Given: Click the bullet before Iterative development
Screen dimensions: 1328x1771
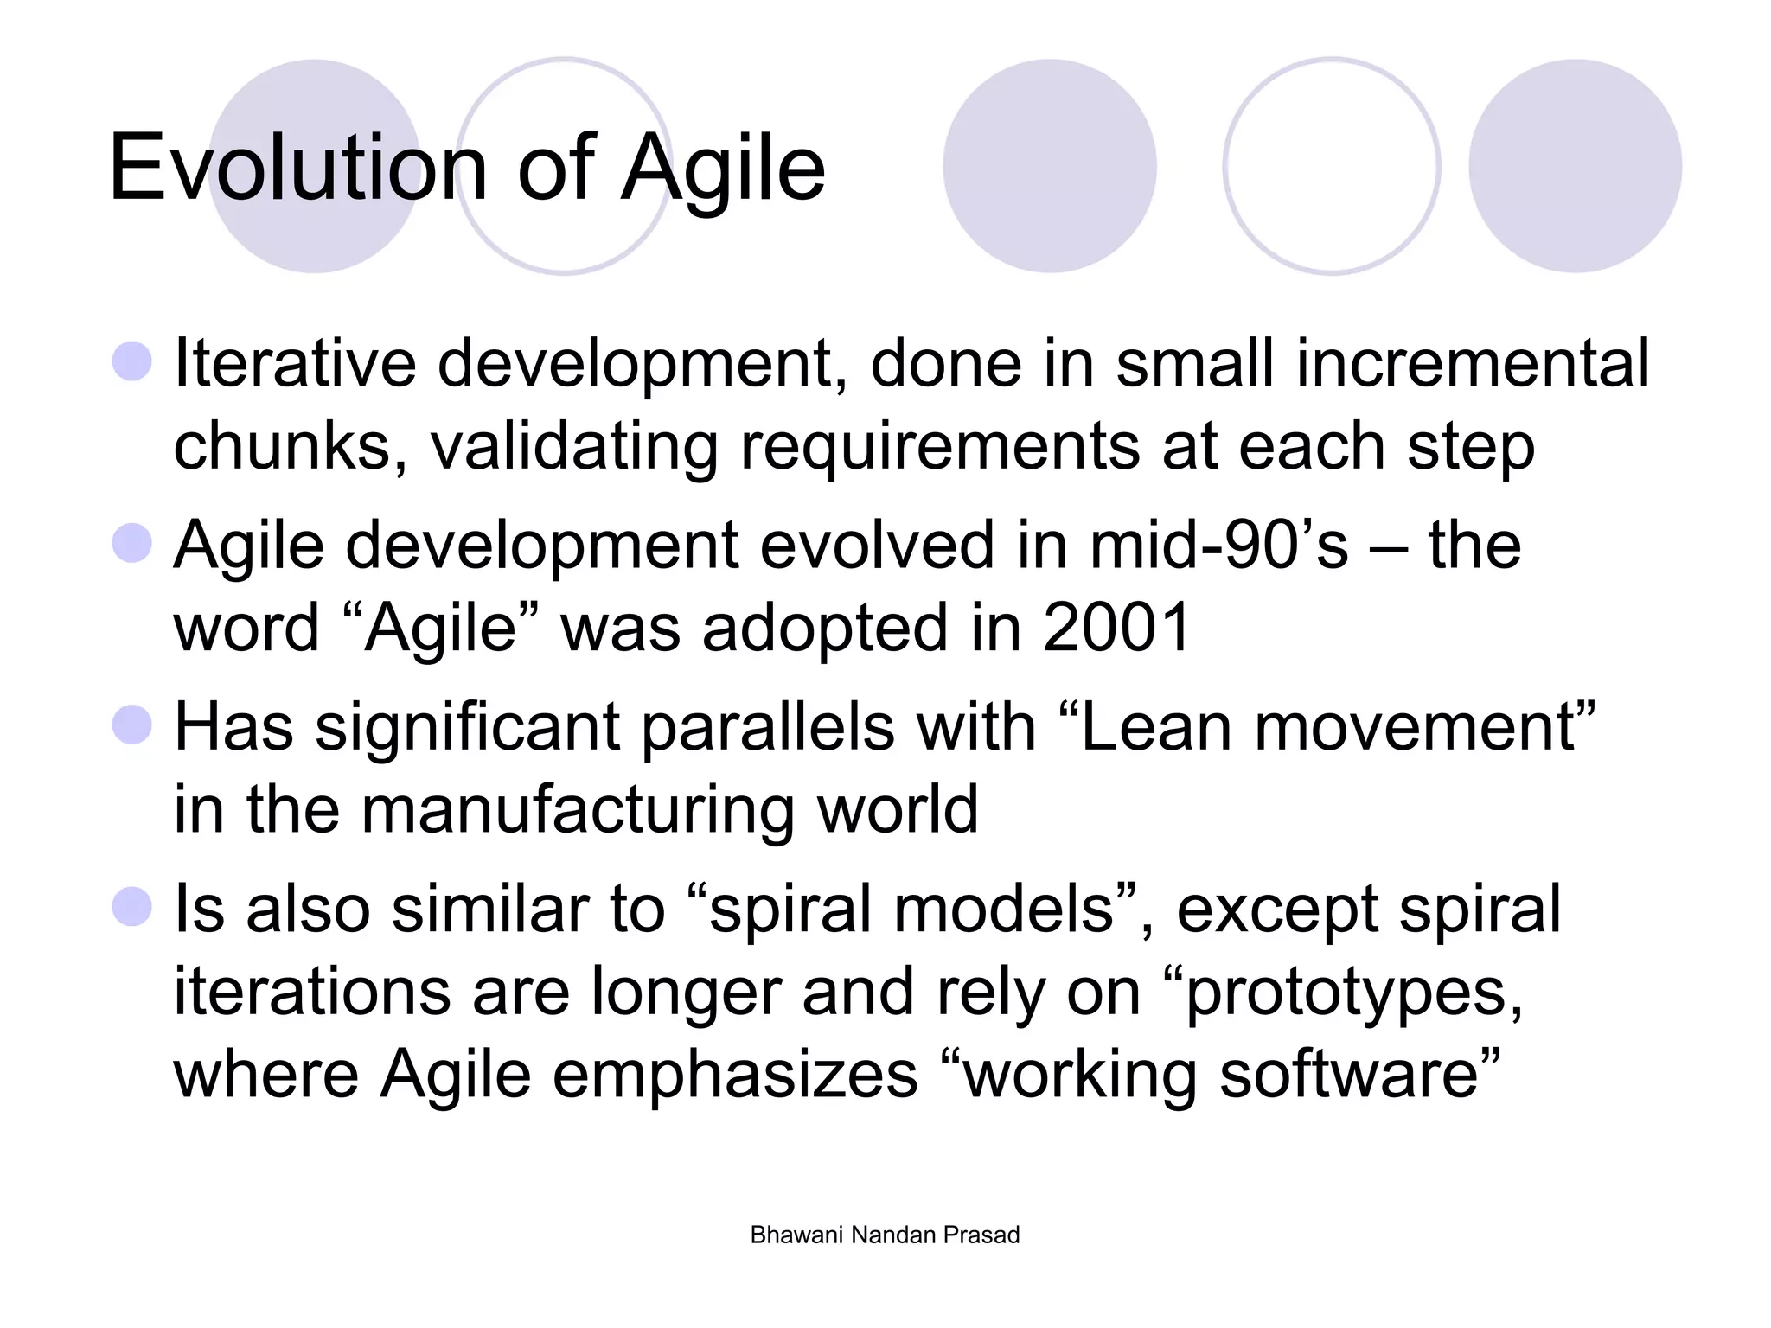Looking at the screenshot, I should pyautogui.click(x=132, y=361).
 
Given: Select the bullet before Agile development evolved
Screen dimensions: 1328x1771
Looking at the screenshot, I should pyautogui.click(x=132, y=543).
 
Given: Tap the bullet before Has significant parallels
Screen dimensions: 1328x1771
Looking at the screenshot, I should pyautogui.click(x=132, y=725).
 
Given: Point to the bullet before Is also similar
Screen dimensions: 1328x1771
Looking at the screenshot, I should pyautogui.click(x=132, y=907).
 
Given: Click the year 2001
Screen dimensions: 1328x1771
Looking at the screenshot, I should pyautogui.click(x=1117, y=628).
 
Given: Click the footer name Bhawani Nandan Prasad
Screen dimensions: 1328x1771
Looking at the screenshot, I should pyautogui.click(x=885, y=1235).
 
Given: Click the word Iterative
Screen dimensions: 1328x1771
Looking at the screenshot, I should pyautogui.click(x=295, y=363).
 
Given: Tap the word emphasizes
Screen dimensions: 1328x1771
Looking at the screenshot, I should pyautogui.click(x=735, y=1075).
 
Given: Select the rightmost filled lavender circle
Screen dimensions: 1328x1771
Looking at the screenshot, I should pyautogui.click(x=1575, y=166).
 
